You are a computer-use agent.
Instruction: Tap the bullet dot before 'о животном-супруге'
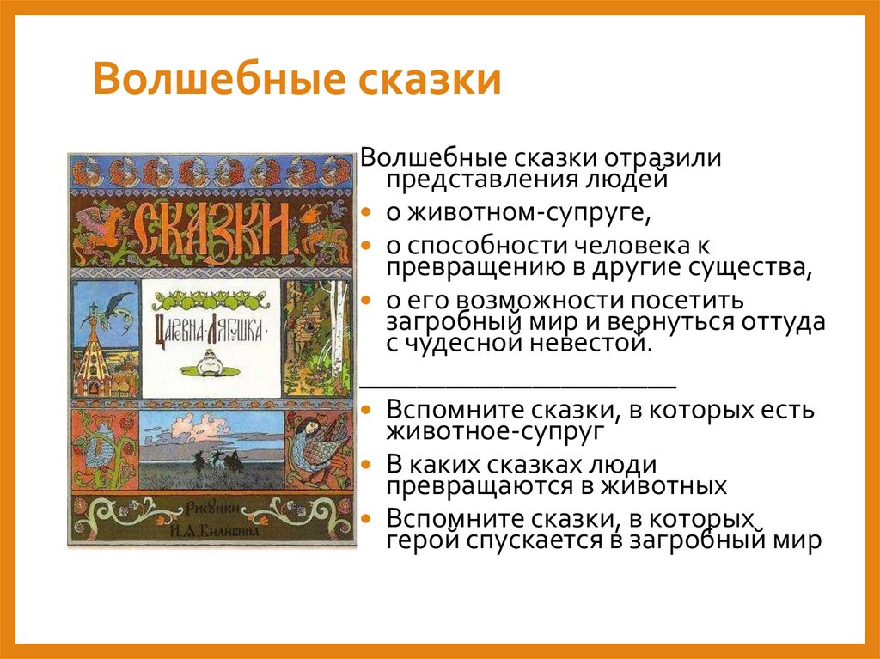pos(366,212)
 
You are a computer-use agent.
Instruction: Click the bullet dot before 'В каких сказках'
pos(366,465)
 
